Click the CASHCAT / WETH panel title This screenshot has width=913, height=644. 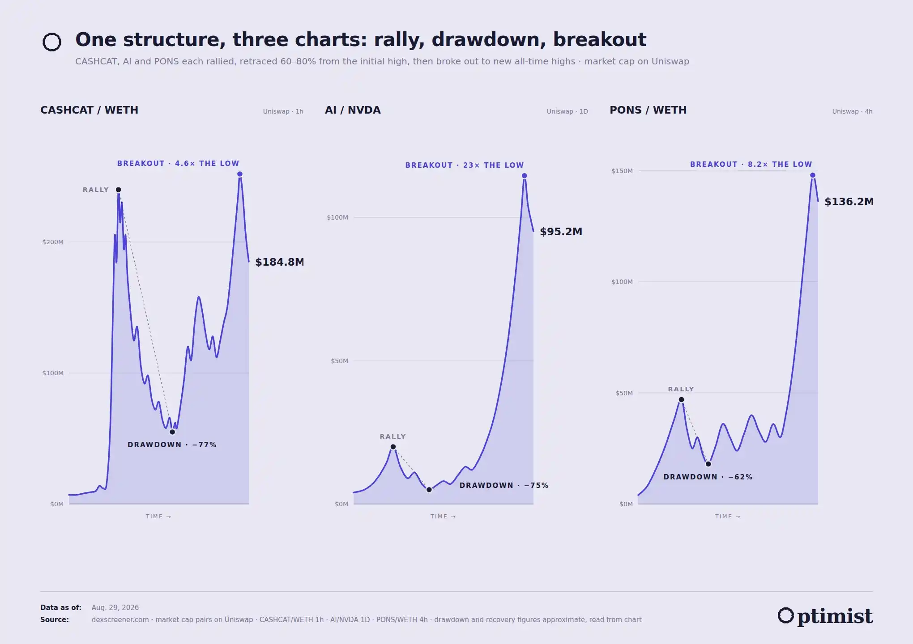click(89, 110)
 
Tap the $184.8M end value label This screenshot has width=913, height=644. click(279, 262)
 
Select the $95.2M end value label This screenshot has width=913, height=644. click(561, 232)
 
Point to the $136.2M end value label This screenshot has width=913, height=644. click(849, 202)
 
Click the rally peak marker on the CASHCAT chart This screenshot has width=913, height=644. click(118, 190)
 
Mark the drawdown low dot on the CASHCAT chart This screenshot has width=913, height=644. click(172, 432)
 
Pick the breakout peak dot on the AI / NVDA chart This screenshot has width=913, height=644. click(524, 176)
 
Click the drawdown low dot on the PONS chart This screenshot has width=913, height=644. click(708, 464)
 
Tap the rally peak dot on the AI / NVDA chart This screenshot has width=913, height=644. click(393, 447)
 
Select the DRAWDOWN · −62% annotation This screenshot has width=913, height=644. click(708, 477)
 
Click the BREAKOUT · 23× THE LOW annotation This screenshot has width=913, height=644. click(464, 165)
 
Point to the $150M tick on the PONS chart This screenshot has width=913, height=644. click(622, 171)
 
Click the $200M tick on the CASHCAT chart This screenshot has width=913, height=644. click(53, 242)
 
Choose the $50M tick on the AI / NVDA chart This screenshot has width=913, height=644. click(339, 361)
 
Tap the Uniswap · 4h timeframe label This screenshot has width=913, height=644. click(852, 111)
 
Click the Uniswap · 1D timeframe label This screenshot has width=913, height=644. click(567, 111)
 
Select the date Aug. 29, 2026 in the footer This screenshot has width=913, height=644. click(115, 607)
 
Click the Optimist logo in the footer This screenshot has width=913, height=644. click(825, 616)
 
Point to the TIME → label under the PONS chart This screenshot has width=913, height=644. click(728, 517)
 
